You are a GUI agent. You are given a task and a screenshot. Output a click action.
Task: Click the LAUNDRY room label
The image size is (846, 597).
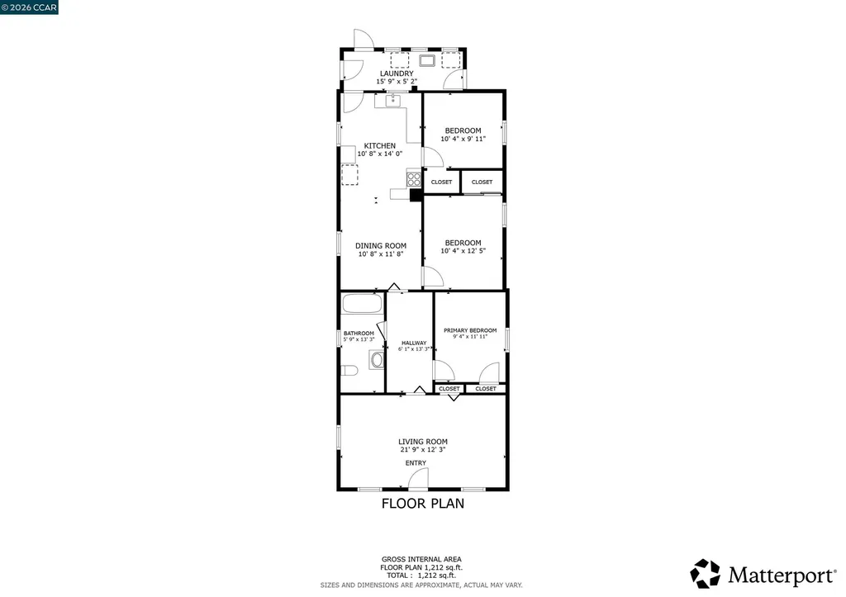coord(397,73)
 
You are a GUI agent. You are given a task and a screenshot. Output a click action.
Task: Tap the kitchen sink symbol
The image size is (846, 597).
coord(392,102)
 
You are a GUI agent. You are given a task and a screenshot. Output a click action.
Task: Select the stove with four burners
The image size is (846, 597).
coord(413,178)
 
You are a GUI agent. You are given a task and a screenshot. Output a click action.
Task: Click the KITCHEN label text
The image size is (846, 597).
coord(380,146)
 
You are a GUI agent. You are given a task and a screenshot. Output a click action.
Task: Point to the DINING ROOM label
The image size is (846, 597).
coord(381,245)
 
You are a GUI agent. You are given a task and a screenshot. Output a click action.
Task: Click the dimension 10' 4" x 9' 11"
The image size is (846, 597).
coord(463,139)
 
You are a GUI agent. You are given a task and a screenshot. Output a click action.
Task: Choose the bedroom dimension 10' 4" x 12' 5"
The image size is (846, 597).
coord(463,251)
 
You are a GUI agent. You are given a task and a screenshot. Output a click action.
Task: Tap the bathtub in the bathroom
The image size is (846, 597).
coord(362,303)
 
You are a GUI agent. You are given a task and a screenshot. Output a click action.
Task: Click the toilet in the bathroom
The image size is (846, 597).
coord(349,371)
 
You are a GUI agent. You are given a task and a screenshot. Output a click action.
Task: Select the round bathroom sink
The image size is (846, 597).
coord(377,360)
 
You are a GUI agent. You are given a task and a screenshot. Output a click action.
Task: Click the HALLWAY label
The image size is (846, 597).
coord(414,344)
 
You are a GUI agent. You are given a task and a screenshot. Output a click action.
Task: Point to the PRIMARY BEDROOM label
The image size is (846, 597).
coord(470,330)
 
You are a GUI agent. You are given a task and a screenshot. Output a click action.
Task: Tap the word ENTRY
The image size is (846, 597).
coord(416,463)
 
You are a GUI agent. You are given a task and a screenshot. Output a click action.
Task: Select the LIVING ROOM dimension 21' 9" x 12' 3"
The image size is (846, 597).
coord(422,450)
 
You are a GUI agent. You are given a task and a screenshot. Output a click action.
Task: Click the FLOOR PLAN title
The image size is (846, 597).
coord(422,503)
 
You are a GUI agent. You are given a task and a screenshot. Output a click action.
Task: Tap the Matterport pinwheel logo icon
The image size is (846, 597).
coord(706,573)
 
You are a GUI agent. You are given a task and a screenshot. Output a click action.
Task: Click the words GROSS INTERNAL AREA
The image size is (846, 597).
coord(421,559)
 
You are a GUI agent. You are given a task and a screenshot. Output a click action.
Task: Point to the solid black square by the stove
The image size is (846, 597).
coord(416,195)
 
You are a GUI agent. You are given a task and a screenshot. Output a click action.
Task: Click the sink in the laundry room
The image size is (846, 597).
coord(427,59)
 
